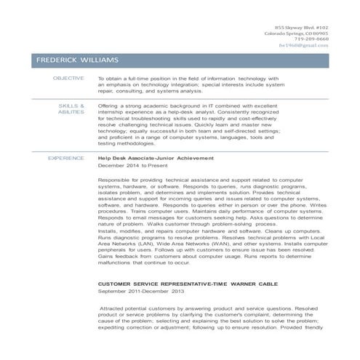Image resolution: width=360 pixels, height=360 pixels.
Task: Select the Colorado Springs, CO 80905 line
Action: coord(296,33)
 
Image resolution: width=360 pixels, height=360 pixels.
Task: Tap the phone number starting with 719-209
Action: coord(312,40)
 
